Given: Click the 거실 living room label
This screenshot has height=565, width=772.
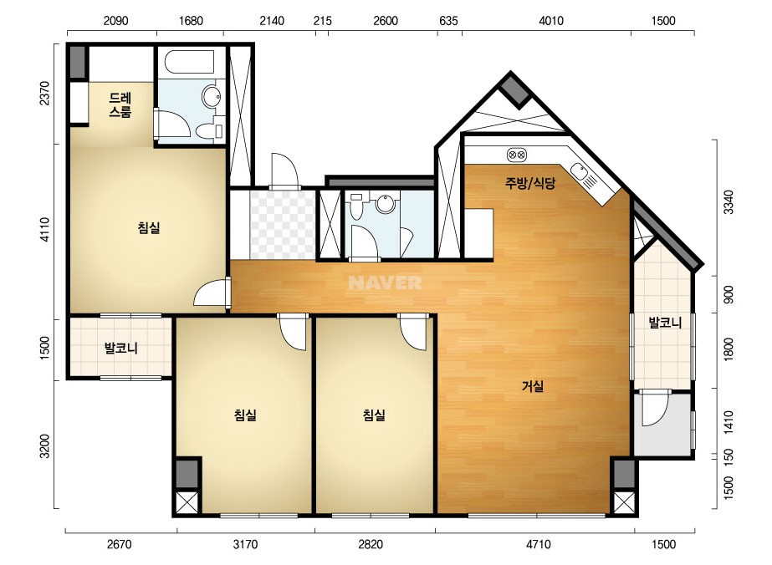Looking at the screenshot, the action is coord(532,386).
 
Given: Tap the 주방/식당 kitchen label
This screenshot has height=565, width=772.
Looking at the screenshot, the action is coord(530,183).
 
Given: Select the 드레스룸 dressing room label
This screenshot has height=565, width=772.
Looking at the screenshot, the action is coord(120,104).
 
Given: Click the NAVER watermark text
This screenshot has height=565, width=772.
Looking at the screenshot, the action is coord(385,282).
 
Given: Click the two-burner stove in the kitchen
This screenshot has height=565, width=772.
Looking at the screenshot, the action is coord(516,155).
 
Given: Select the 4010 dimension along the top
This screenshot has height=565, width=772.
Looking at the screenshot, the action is coord(551,21).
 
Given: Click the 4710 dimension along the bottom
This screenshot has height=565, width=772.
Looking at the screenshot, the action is coord(538,544).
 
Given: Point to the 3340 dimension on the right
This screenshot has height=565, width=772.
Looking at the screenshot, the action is coord(729,201).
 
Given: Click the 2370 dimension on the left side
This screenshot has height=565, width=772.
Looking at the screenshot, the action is coord(44,93).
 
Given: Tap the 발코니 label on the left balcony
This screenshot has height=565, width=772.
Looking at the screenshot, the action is coord(120,349).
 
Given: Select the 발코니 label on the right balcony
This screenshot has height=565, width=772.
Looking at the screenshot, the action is coord(665,323).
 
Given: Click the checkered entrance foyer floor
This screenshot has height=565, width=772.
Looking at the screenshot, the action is coord(283,225).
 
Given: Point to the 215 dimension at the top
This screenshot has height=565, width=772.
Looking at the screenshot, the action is coord(323,21).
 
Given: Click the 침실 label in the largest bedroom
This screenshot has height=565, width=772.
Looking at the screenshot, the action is coord(149,227).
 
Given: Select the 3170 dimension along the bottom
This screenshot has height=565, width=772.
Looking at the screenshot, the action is coord(245,544).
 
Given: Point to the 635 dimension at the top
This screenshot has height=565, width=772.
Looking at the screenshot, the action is coord(448,21).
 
